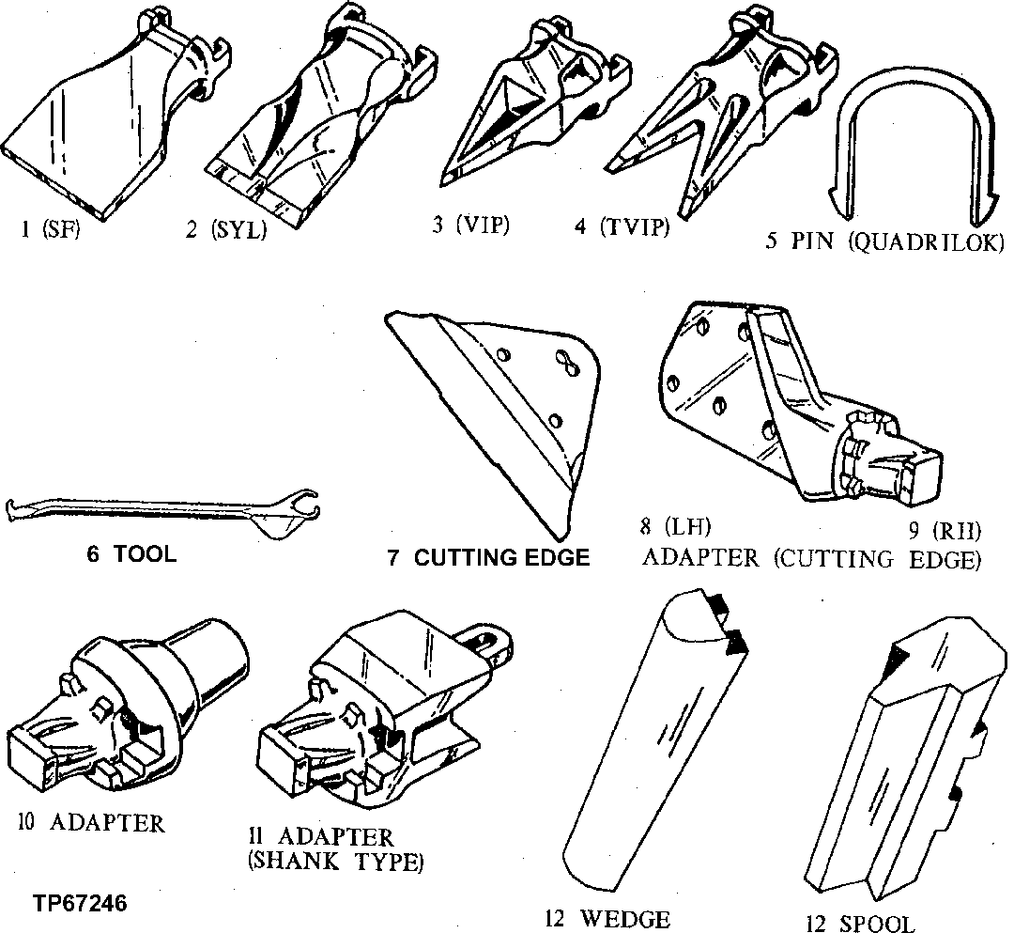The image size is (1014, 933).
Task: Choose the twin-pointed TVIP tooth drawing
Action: point(714,113)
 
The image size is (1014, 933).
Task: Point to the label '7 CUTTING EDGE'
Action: point(488,558)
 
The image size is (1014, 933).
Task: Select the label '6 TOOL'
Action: point(131,554)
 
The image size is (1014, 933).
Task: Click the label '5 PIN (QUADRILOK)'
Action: point(884,241)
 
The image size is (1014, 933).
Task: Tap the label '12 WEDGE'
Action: point(607,918)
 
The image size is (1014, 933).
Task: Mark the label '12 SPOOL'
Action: point(860,922)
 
